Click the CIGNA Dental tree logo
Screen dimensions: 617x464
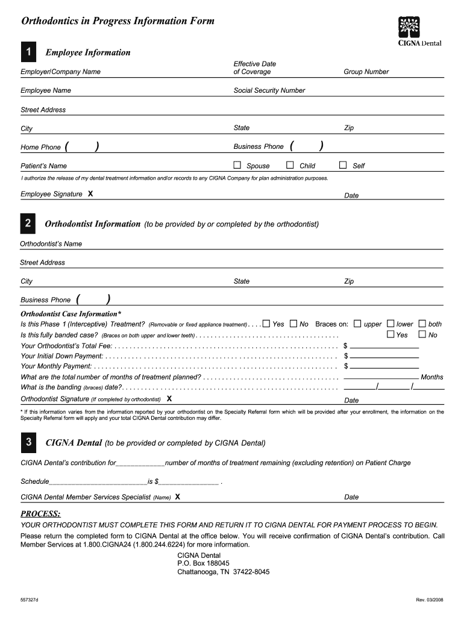(x=410, y=28)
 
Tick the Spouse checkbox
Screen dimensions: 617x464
(x=237, y=165)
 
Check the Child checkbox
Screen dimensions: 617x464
(x=290, y=165)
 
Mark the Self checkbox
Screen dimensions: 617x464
(x=343, y=165)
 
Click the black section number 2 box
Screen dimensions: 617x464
(x=28, y=224)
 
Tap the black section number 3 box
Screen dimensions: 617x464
(x=28, y=443)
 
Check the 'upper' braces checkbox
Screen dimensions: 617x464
(x=357, y=324)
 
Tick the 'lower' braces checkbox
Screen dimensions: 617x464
(x=390, y=324)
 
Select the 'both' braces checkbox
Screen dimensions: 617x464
(x=422, y=324)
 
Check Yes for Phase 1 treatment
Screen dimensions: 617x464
(x=266, y=324)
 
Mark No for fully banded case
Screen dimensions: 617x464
(x=422, y=334)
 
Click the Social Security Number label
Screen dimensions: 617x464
(x=269, y=90)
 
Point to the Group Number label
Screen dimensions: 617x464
(x=366, y=72)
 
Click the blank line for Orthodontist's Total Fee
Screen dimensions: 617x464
(x=384, y=346)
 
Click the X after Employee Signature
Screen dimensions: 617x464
(x=90, y=194)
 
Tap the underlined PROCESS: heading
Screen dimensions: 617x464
(x=40, y=513)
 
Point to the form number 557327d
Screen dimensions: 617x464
(x=29, y=600)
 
